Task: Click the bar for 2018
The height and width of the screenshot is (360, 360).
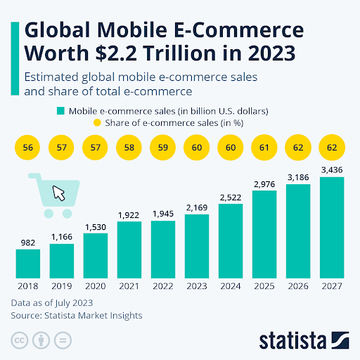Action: tap(27, 263)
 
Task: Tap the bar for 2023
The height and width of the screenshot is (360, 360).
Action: tap(197, 245)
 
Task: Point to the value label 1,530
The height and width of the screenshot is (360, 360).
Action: tap(95, 226)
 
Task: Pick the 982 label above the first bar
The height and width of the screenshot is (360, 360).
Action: tap(27, 242)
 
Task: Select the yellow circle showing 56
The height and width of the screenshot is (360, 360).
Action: tap(27, 148)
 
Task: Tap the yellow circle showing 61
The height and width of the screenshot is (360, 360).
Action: tap(264, 148)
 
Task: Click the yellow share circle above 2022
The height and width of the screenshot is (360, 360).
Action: tap(163, 148)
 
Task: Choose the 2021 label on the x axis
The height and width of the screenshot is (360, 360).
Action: tap(129, 285)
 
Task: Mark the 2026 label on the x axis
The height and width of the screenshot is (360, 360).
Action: tap(298, 285)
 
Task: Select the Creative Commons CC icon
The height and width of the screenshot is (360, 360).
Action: tap(20, 341)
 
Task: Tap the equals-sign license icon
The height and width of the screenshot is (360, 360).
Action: tap(62, 341)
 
